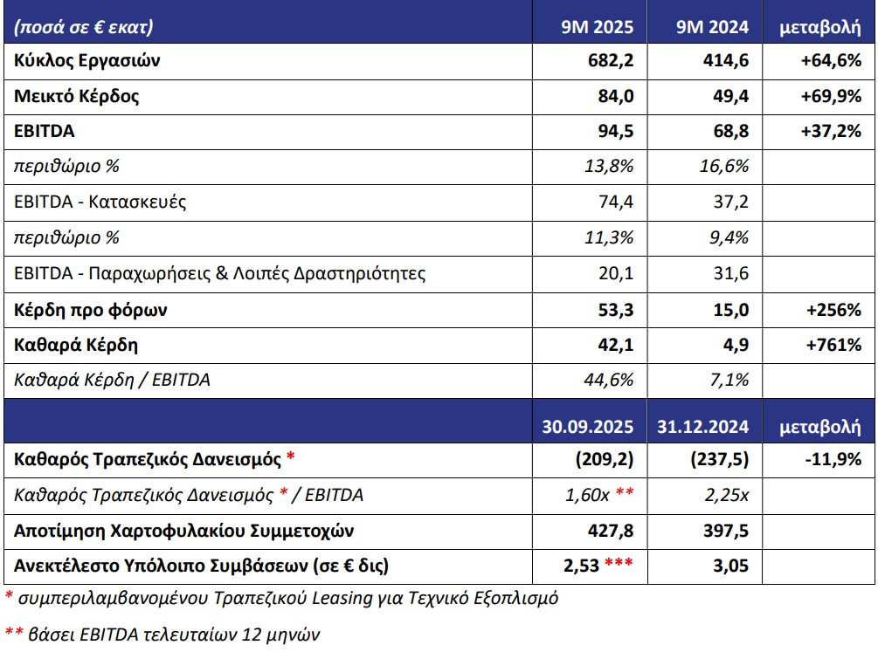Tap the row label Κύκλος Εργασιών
click(87, 61)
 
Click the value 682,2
click(614, 61)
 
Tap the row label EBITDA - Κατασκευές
click(100, 202)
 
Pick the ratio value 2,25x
click(726, 496)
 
